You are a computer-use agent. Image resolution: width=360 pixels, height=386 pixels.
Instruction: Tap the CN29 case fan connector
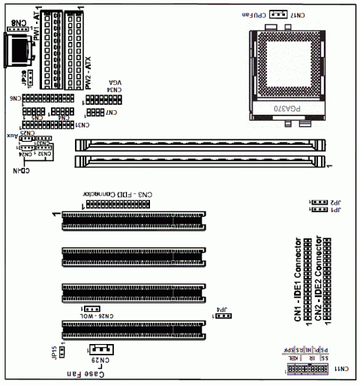coord(100,349)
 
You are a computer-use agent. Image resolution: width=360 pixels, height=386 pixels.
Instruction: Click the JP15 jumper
coord(64,349)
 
